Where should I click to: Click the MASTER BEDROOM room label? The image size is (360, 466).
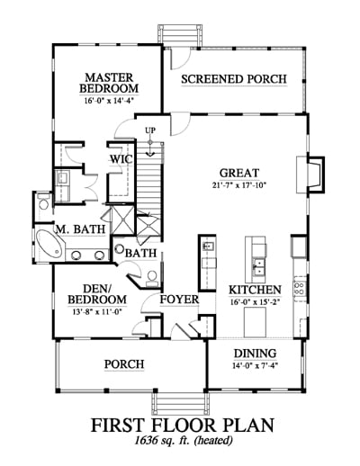click(109, 83)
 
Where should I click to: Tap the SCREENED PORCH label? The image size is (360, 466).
click(234, 79)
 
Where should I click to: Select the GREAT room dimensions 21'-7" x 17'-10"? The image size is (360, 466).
click(239, 185)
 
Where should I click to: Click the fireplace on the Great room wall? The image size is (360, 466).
click(311, 175)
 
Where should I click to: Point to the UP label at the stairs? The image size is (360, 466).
click(150, 130)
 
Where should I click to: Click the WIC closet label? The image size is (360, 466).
click(121, 159)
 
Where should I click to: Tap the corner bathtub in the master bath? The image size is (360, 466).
click(49, 246)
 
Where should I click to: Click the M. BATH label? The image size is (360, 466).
click(81, 229)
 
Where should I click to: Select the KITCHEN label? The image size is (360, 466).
click(256, 290)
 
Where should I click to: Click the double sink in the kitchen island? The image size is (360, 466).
click(257, 267)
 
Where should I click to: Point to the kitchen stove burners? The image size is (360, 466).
click(300, 288)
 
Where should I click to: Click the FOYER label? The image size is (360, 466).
click(179, 300)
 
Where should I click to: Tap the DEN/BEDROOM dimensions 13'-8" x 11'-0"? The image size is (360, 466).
click(96, 312)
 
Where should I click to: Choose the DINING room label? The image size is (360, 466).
click(256, 354)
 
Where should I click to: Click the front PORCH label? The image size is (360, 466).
click(124, 364)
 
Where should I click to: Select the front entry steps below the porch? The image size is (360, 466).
click(180, 404)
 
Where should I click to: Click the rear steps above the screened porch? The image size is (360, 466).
click(179, 35)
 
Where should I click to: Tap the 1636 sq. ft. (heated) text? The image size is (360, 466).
click(184, 440)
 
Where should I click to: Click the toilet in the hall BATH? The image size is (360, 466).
click(152, 278)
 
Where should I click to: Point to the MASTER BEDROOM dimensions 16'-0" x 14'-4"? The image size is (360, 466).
click(109, 101)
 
